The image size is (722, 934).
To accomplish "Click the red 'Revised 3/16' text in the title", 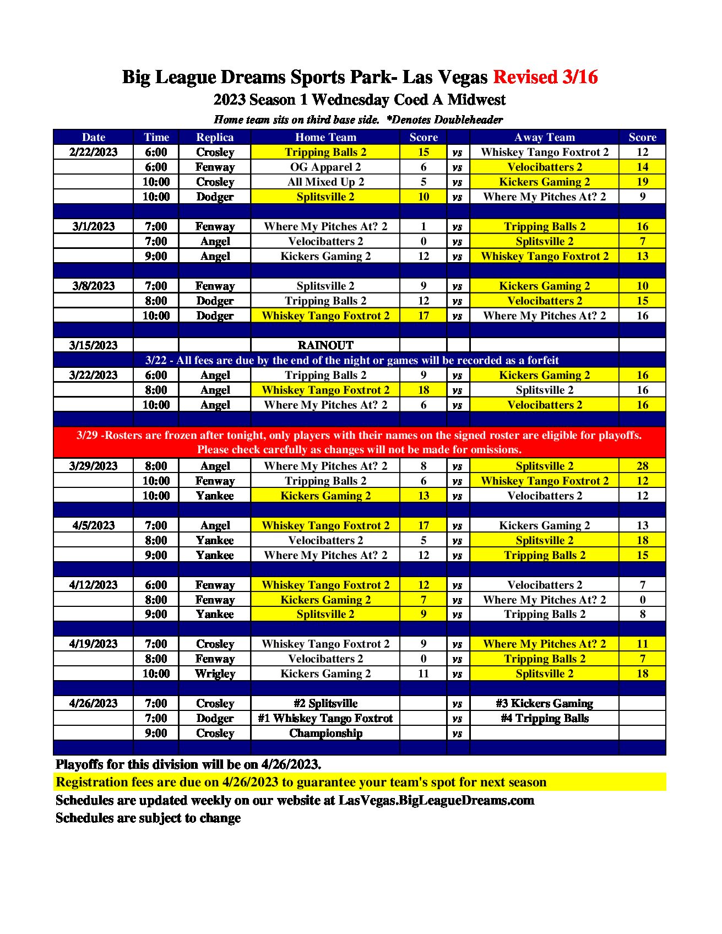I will [545, 77].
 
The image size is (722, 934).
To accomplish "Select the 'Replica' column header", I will [215, 137].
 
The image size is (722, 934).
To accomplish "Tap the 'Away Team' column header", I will [544, 137].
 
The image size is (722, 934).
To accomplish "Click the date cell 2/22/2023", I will [94, 152].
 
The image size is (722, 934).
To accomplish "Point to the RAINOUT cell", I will [325, 345].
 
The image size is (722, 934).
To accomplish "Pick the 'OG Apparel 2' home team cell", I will [325, 167].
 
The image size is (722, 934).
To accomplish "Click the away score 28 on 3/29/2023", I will [642, 466].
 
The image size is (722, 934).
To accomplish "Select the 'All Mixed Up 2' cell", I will [325, 182].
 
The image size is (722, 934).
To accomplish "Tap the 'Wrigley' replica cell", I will [215, 674].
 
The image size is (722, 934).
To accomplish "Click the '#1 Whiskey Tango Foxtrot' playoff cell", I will [325, 718].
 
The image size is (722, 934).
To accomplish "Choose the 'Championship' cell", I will [325, 733].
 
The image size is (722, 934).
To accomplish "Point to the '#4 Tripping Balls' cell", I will [544, 718].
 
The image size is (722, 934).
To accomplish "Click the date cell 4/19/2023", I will [94, 644].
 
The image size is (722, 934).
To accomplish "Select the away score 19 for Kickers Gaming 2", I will [642, 182].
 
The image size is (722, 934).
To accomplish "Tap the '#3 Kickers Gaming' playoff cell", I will [544, 703].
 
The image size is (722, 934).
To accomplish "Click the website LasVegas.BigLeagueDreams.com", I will [436, 800].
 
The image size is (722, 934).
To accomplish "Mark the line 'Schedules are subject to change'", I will [148, 818].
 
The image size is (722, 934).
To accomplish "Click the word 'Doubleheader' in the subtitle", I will [468, 120].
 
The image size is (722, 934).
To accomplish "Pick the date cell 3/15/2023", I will [94, 345].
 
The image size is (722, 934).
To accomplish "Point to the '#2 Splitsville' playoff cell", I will [325, 703].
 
